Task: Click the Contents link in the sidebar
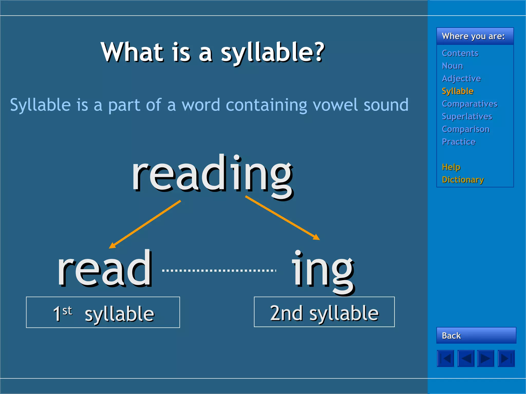(460, 53)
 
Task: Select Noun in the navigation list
(452, 66)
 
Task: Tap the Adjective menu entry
(461, 78)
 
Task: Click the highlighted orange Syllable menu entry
(457, 91)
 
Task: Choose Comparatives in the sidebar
(469, 104)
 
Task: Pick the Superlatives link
(467, 116)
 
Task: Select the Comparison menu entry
(465, 129)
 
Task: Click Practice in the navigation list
(458, 142)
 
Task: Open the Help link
(451, 167)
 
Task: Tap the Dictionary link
(463, 180)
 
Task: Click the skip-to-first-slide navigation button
(445, 358)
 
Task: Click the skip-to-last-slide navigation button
(506, 358)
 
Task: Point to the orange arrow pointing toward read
(145, 224)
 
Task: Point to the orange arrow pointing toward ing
(283, 218)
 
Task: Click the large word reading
(212, 174)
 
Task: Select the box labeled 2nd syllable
(324, 312)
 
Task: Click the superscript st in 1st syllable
(67, 311)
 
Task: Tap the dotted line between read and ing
(219, 270)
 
